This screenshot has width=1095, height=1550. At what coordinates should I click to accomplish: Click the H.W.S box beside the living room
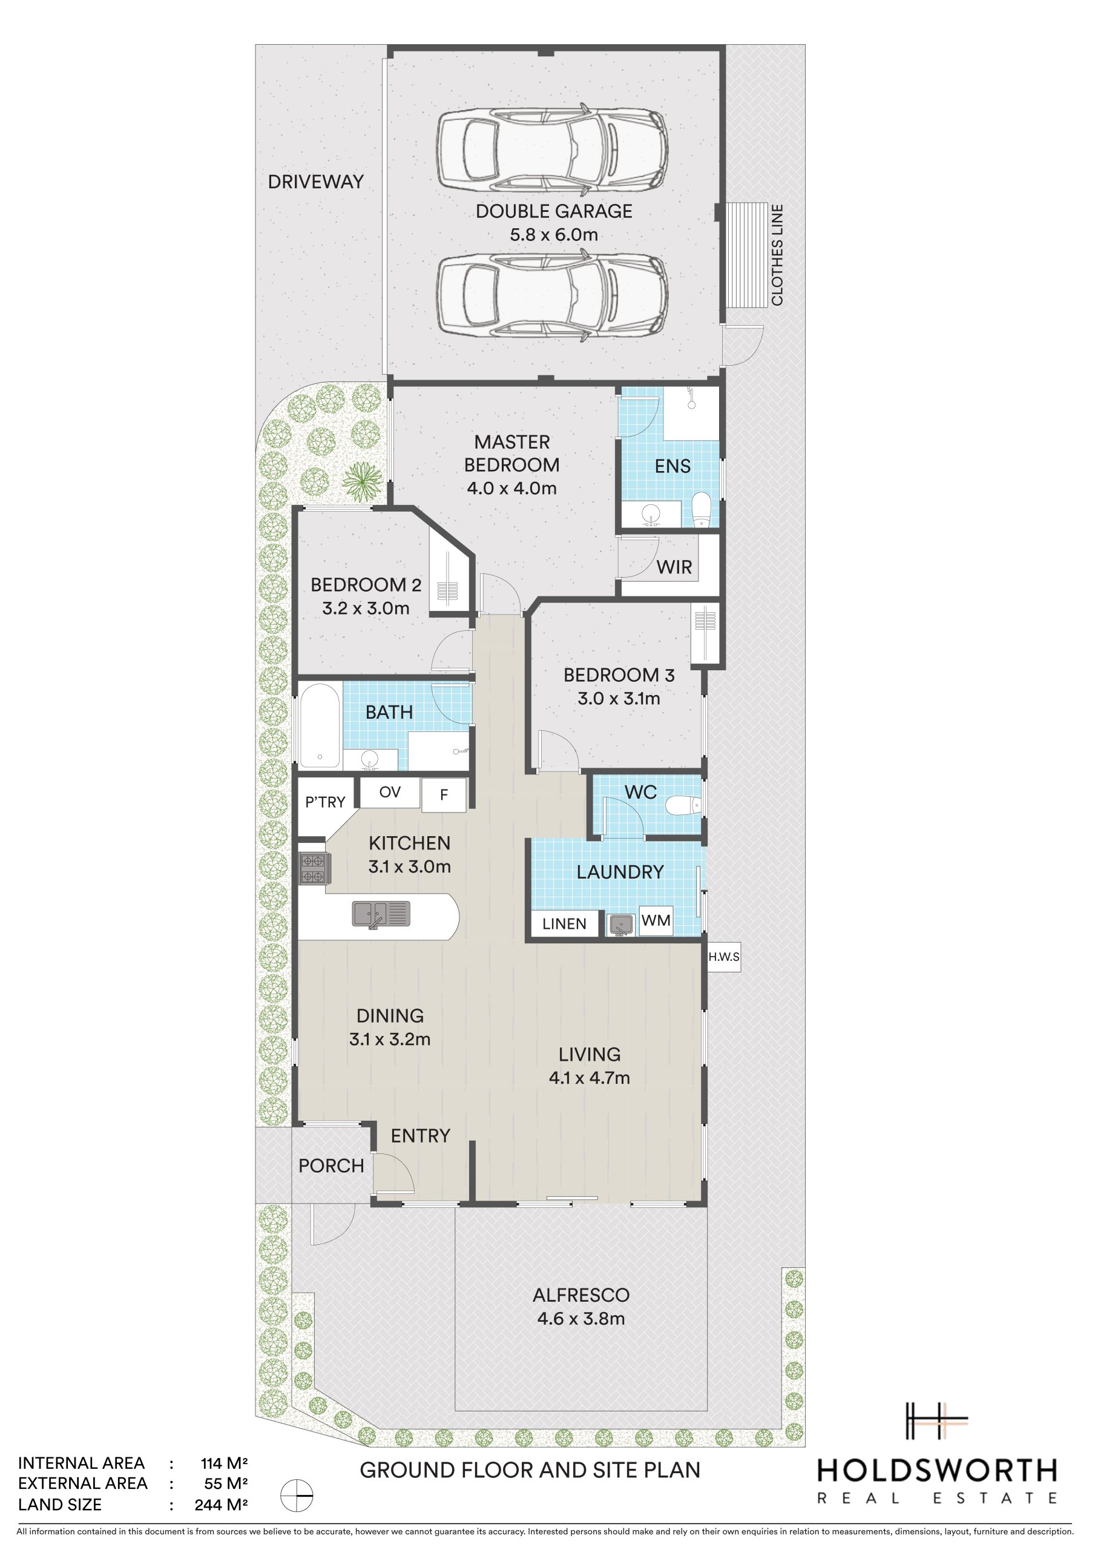click(x=724, y=957)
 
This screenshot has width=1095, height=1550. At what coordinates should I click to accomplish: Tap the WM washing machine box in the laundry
click(x=656, y=920)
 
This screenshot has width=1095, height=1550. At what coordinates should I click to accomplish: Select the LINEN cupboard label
click(x=564, y=923)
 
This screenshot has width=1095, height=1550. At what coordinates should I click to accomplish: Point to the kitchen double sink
click(x=381, y=915)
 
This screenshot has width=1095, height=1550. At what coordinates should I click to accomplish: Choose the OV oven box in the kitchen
click(x=390, y=792)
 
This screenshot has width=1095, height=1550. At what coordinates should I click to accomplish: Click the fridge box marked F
click(x=444, y=794)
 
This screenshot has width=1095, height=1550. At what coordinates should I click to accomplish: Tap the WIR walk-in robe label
click(x=674, y=567)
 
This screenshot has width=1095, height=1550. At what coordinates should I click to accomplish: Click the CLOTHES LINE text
click(x=777, y=255)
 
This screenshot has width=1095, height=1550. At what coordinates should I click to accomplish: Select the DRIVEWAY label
click(x=316, y=182)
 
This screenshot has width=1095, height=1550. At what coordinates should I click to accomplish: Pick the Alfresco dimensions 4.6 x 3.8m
click(x=581, y=808)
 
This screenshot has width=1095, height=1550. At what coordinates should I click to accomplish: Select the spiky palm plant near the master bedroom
click(x=363, y=481)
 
